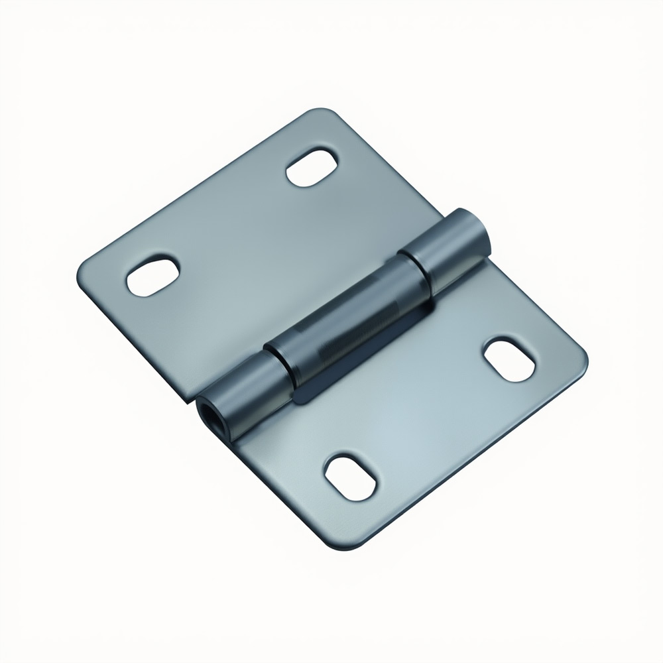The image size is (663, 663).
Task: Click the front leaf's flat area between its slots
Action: (424, 411)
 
